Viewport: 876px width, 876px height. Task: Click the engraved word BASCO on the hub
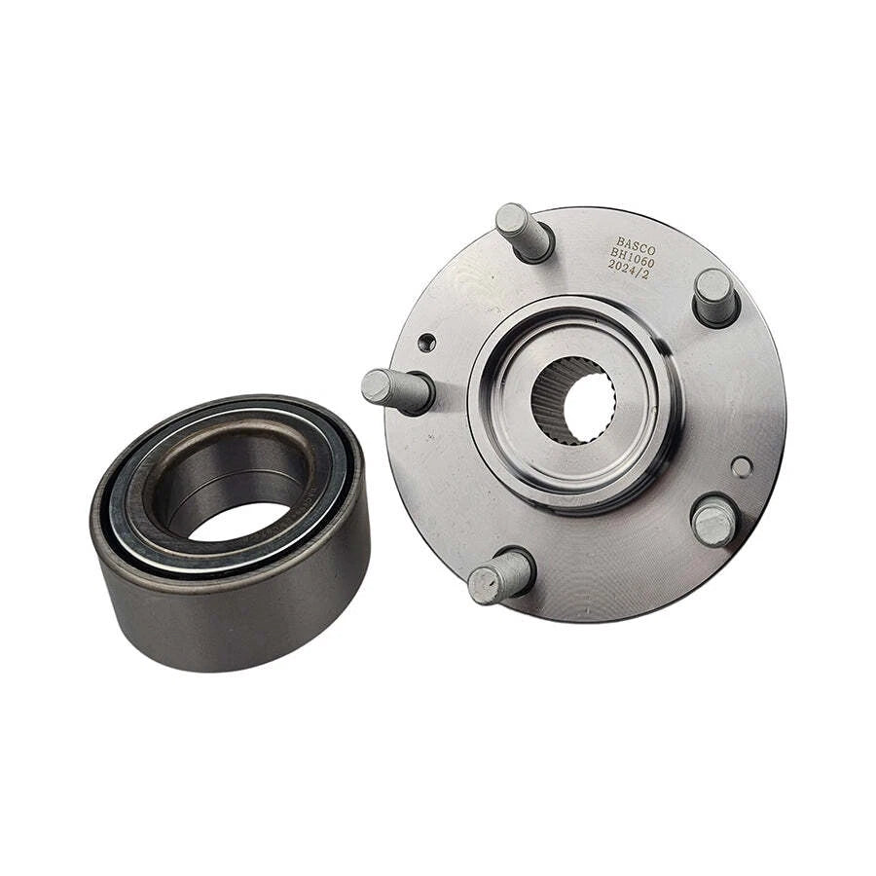[x=636, y=239]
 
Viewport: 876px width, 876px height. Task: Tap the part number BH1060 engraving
[x=633, y=252]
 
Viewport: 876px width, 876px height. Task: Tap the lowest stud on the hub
[x=499, y=577]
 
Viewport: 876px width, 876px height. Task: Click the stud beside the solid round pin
[x=714, y=520]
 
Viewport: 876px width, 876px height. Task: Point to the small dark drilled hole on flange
[x=426, y=343]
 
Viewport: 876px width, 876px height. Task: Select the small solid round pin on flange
[x=742, y=467]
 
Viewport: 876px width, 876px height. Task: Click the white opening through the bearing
[x=238, y=521]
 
